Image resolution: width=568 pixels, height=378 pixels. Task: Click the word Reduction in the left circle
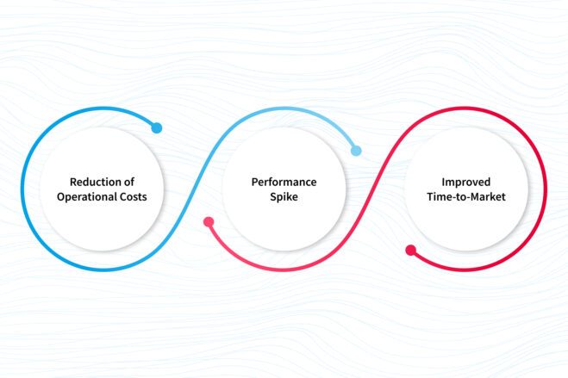[95, 182]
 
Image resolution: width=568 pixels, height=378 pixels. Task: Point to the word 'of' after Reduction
[130, 182]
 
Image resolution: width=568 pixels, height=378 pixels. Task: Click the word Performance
[283, 182]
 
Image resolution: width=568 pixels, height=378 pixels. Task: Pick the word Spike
[283, 197]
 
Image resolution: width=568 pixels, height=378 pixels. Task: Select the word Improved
[465, 182]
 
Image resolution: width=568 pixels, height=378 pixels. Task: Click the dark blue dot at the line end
[156, 128]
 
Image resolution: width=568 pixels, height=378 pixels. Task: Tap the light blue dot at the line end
[356, 151]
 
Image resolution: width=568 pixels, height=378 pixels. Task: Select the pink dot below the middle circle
[208, 222]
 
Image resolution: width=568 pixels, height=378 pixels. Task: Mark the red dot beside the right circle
[410, 251]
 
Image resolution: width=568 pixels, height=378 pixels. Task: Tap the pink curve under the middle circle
[284, 270]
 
